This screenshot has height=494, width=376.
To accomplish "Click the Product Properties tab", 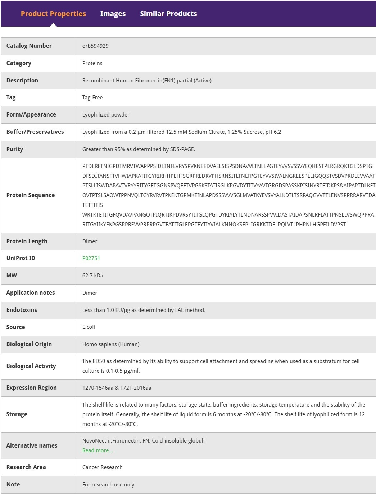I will (53, 14).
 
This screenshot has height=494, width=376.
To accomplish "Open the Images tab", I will (113, 14).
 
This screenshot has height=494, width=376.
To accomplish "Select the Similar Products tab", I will (168, 14).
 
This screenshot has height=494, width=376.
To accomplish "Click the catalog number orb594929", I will (95, 46).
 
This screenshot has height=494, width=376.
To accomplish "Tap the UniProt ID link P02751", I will (91, 258).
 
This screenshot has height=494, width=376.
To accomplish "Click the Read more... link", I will (98, 450).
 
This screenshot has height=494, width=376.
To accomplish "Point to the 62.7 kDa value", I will (93, 276).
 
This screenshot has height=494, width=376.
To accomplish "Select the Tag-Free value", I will (92, 98).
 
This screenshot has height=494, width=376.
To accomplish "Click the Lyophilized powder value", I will (106, 115).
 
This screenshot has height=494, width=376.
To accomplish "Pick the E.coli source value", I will (89, 327).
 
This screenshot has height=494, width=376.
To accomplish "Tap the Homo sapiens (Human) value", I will (111, 344).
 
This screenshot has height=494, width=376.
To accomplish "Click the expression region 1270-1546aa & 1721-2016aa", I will (117, 388).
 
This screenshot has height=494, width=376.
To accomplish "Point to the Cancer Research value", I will (102, 467).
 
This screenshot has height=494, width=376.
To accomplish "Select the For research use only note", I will (108, 485).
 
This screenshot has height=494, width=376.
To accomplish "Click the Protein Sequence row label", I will (31, 195).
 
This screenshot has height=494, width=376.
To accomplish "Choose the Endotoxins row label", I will (22, 310).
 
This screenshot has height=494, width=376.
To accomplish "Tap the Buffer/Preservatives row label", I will (35, 132).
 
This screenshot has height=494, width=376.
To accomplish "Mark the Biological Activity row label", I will (31, 366).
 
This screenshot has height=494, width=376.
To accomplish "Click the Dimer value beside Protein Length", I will (90, 241).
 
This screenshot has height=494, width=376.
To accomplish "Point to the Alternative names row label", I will (32, 445).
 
